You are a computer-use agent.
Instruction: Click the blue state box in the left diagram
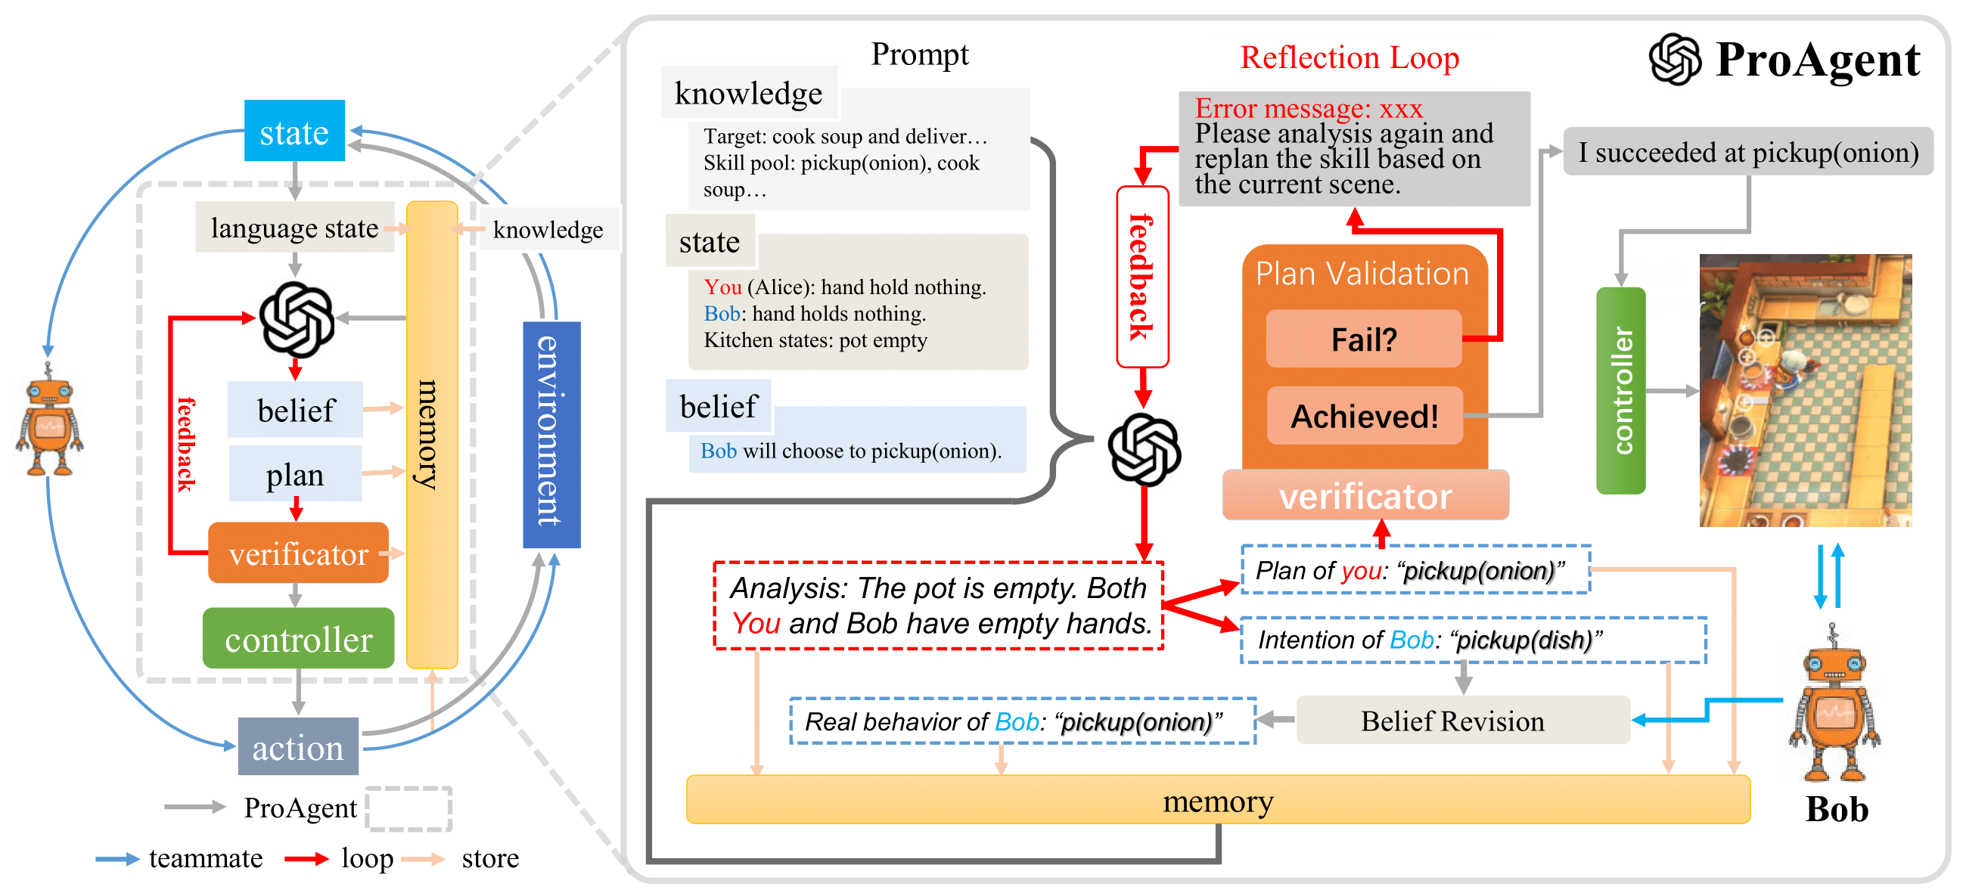pos(294,131)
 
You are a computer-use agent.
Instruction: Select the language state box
pos(294,227)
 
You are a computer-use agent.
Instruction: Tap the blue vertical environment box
pos(551,433)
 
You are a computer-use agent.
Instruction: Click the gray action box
pos(298,747)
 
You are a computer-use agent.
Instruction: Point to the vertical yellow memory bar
pos(431,434)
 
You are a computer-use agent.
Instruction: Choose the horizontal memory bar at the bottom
pos(1217,800)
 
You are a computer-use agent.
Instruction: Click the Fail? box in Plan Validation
pos(1363,339)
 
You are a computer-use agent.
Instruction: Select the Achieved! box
pos(1364,416)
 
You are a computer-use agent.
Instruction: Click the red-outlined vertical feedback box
pos(1141,277)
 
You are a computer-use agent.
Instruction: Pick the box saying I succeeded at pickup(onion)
pos(1748,153)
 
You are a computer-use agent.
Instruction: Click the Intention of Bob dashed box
pos(1472,640)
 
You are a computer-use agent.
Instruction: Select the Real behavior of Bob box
pos(1022,721)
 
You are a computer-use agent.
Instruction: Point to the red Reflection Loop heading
pos(1349,58)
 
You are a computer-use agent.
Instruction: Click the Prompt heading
pos(919,54)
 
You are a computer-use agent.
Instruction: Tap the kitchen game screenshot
pos(1804,390)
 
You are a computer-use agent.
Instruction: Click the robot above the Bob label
pos(1834,705)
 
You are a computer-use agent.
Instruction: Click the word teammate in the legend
pos(206,859)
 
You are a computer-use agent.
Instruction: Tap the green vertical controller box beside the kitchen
pos(1621,390)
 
